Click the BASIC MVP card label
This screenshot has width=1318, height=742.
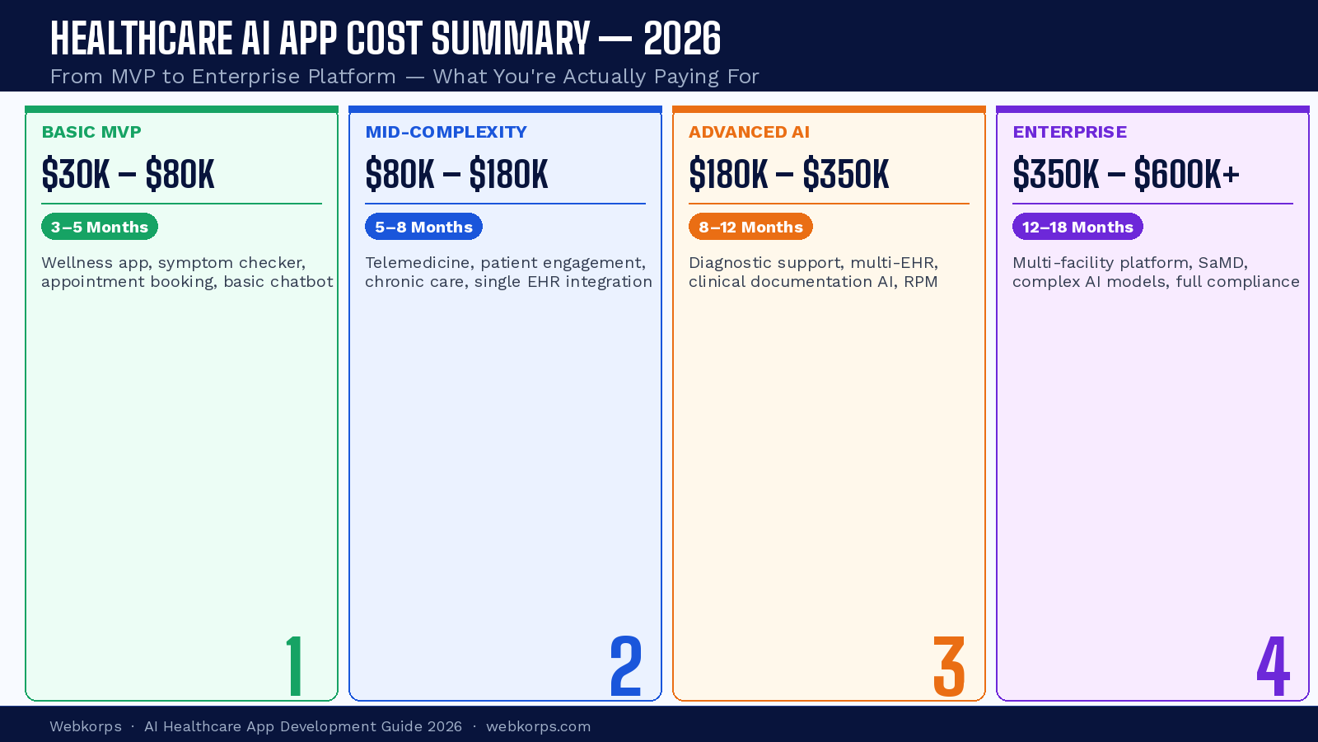pyautogui.click(x=91, y=132)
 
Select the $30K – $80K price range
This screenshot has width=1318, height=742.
pyautogui.click(x=128, y=175)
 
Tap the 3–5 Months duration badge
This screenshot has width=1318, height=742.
pyautogui.click(x=100, y=227)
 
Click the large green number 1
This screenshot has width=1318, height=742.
pyautogui.click(x=294, y=666)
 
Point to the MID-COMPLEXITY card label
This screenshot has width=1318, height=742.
pyautogui.click(x=446, y=132)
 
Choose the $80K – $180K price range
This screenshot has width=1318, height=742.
pyautogui.click(x=456, y=175)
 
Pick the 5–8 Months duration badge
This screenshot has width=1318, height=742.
pyautogui.click(x=423, y=227)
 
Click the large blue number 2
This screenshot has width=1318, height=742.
pyautogui.click(x=626, y=666)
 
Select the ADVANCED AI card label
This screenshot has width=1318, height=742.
pyautogui.click(x=749, y=132)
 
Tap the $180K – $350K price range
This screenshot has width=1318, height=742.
pyautogui.click(x=789, y=175)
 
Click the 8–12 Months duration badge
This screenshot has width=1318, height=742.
pyautogui.click(x=750, y=227)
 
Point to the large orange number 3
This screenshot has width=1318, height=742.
pyautogui.click(x=949, y=666)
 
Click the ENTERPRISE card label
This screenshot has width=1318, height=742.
pyautogui.click(x=1069, y=132)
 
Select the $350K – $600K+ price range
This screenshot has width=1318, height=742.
pyautogui.click(x=1126, y=175)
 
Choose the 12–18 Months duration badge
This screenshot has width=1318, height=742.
pyautogui.click(x=1077, y=227)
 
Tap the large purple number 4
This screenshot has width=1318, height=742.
pyautogui.click(x=1273, y=666)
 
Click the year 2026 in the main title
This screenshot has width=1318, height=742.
pyautogui.click(x=682, y=39)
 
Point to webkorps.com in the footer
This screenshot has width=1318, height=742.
pyautogui.click(x=538, y=726)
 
